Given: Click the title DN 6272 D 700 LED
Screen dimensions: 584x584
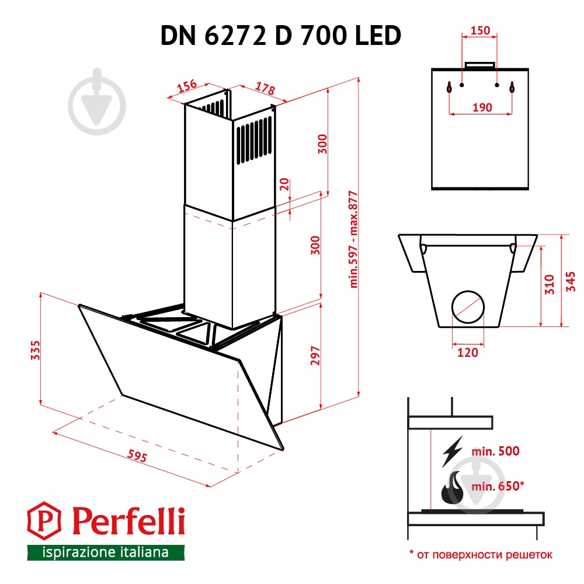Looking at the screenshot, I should tap(280, 36).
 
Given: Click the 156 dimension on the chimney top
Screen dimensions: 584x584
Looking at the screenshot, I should tap(186, 86).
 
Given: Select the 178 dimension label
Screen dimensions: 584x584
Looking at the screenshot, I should tap(265, 89).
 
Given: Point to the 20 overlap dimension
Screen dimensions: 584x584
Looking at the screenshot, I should tap(284, 185).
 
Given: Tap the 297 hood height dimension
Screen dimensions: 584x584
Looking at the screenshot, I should tap(315, 356).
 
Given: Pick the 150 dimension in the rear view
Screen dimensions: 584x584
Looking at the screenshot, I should tap(480, 31).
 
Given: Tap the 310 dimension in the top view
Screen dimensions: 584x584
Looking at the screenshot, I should tap(548, 284).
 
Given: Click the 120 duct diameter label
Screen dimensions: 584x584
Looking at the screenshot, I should tap(468, 352).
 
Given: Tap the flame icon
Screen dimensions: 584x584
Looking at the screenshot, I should tap(451, 488).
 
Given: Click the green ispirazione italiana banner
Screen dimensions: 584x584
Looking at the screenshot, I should tap(105, 552).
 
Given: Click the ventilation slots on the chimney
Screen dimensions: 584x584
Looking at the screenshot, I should tap(253, 142).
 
